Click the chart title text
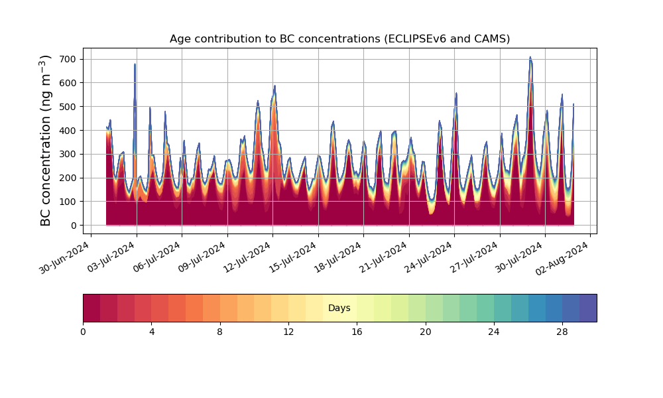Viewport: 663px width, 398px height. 339,39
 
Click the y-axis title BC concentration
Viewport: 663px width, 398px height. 46,141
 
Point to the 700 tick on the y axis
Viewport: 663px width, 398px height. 71,59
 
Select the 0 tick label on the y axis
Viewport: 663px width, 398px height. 74,226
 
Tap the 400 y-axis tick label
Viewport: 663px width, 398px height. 71,131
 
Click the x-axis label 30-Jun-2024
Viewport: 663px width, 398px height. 65,257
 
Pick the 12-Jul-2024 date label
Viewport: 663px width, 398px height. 247,257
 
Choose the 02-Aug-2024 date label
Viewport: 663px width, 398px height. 562,258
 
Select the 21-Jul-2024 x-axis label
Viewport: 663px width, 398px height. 383,257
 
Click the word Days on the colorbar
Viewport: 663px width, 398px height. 339,308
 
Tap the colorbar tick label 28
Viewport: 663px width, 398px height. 562,332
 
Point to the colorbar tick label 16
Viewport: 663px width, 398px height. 357,332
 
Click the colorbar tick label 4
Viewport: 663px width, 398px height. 152,332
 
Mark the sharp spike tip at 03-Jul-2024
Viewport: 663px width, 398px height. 135,64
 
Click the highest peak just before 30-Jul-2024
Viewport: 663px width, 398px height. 530,57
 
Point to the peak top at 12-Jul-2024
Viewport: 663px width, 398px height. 274,86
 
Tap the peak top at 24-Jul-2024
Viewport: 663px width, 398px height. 456,93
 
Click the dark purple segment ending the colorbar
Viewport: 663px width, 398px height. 588,308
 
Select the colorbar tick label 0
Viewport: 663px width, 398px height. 83,332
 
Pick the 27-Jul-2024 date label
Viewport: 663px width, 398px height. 475,257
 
